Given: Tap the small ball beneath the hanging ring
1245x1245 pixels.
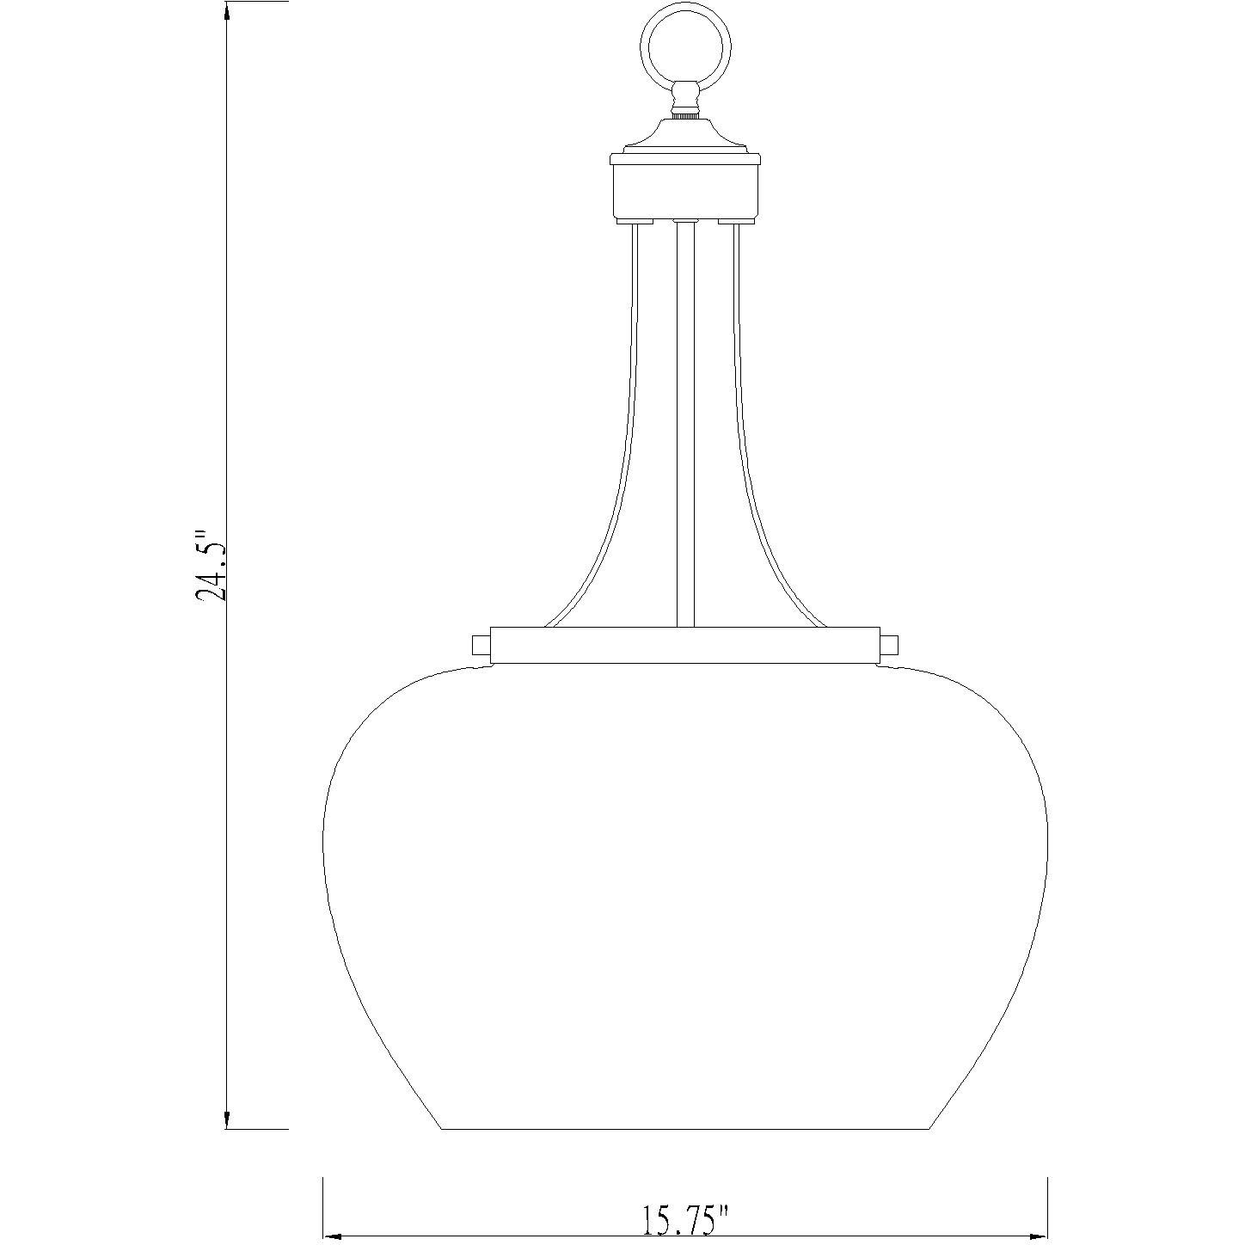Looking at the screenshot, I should click(x=685, y=93).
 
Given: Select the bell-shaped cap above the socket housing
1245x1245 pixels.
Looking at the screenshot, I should click(x=685, y=135).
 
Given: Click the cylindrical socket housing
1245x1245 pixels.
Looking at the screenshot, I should click(x=685, y=190).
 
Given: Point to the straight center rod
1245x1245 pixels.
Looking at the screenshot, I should click(x=685, y=421).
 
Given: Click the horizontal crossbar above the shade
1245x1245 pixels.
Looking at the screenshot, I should click(x=685, y=645).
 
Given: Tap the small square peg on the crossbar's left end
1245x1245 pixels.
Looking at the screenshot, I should click(x=480, y=645).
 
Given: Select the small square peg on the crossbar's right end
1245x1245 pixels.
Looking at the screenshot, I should click(x=890, y=645).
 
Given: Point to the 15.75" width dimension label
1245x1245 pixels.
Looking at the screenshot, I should click(x=685, y=1219).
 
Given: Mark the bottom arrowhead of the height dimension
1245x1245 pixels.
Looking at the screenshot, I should click(x=226, y=1119).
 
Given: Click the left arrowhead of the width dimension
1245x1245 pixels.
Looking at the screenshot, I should click(x=332, y=1236).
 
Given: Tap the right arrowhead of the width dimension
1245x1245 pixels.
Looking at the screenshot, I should click(x=1038, y=1236).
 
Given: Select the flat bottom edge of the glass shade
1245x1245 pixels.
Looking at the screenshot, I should click(x=685, y=1128).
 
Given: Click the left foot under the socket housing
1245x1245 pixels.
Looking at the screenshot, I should click(x=629, y=222).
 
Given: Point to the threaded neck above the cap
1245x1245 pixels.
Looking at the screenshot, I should click(x=685, y=113).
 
